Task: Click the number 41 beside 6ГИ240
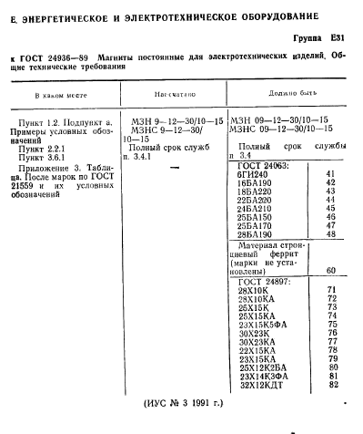pos(329,173)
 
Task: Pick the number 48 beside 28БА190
pos(329,233)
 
